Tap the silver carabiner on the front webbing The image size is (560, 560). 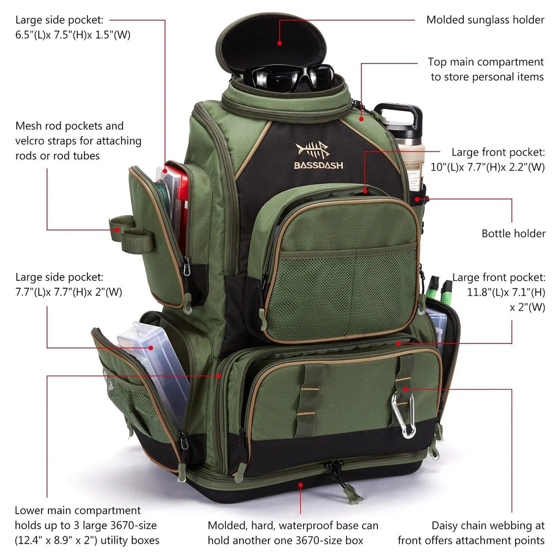(403, 415)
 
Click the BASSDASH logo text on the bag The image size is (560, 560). (319, 165)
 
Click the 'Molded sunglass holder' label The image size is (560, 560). (485, 20)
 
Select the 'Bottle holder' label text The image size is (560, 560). (513, 234)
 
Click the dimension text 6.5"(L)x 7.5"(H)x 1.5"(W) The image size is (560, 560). (73, 34)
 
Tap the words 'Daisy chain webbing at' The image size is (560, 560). (488, 526)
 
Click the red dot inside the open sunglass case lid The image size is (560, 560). (279, 42)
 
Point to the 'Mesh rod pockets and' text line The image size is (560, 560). (69, 126)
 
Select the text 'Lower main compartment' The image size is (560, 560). (78, 510)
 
